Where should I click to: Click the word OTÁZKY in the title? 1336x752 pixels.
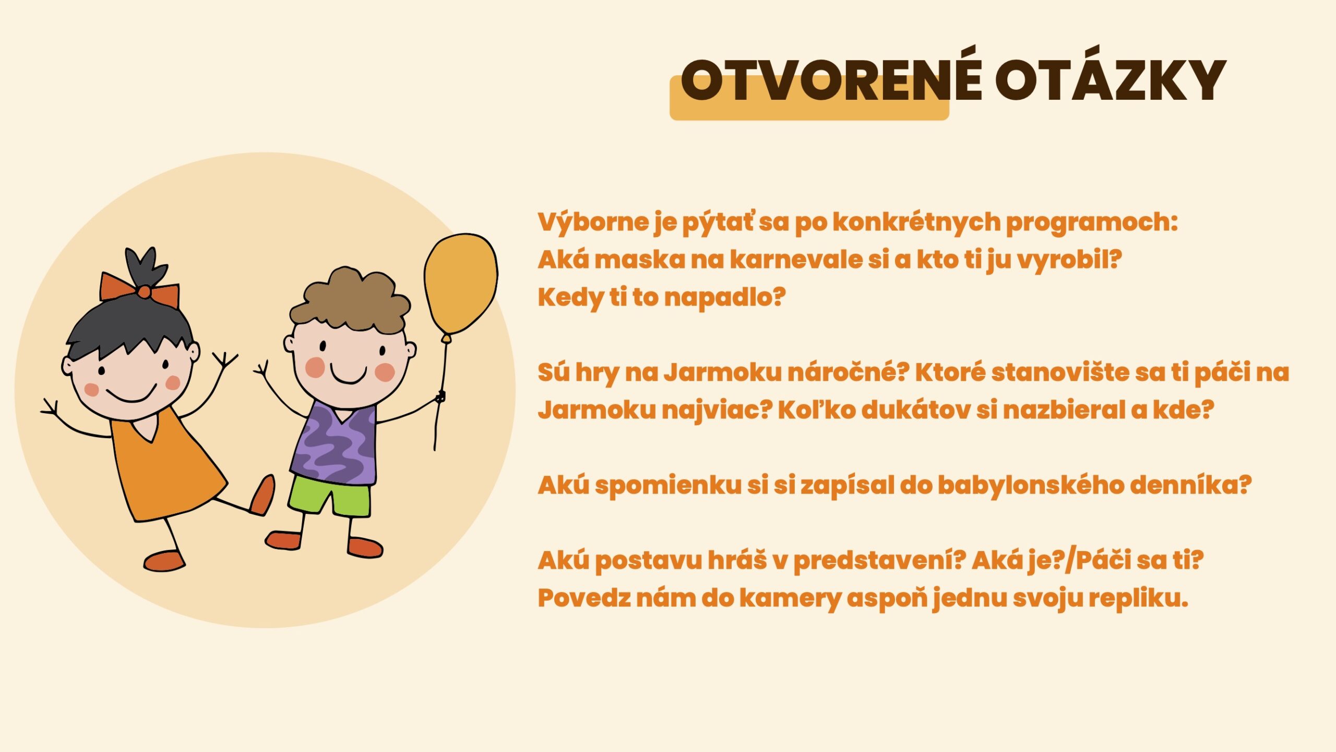point(1110,80)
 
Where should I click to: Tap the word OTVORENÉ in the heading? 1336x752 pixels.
point(831,80)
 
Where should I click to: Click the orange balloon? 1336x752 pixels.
point(461,284)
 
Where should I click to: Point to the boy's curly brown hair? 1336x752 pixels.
point(350,301)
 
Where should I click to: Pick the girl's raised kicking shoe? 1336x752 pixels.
point(262,495)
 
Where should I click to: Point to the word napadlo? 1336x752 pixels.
point(725,298)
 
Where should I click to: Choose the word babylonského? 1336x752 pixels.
point(1031,486)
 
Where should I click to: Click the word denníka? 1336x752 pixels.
point(1191,485)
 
